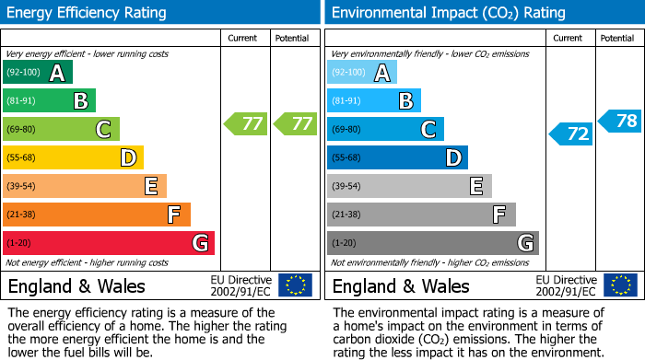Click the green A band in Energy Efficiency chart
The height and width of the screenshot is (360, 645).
click(38, 73)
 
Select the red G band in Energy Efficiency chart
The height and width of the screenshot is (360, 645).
click(109, 243)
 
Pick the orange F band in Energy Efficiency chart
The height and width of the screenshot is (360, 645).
click(97, 215)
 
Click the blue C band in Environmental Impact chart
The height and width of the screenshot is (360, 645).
click(385, 129)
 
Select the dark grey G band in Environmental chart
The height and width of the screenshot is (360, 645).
click(432, 243)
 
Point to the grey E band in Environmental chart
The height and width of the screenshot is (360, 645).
click(409, 186)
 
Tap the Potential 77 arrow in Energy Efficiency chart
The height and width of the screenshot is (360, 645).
click(294, 123)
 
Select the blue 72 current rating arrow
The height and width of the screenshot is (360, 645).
click(571, 134)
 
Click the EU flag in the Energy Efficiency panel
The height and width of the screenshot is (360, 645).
click(295, 285)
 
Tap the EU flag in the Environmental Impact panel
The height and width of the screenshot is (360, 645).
click(619, 285)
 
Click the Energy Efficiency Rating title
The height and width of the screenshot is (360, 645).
click(88, 13)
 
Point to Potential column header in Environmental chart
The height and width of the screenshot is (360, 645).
click(617, 38)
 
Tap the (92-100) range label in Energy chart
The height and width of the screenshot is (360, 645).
click(23, 73)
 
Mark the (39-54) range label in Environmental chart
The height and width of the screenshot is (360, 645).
click(347, 186)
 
